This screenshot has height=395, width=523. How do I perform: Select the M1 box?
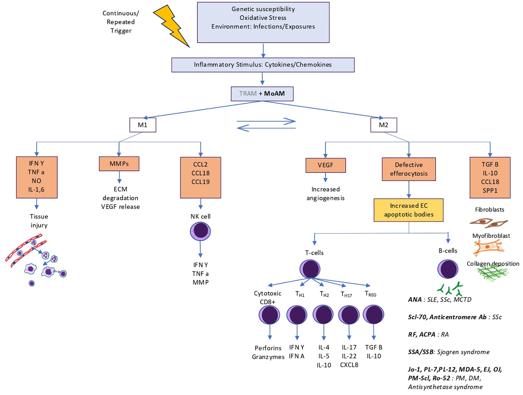tap(143, 125)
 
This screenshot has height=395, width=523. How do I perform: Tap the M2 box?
tap(383, 125)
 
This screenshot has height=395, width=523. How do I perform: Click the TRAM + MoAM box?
tap(262, 93)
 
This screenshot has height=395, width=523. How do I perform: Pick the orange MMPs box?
tap(119, 164)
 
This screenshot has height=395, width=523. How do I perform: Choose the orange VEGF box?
tap(326, 165)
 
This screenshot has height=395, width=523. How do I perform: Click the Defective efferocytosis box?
tap(409, 169)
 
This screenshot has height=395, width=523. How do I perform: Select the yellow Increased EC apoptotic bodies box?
tap(408, 210)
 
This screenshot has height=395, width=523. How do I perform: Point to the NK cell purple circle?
tap(200, 231)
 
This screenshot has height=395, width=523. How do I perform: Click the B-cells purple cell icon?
tap(448, 269)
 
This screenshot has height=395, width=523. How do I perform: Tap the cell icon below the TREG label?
tap(373, 314)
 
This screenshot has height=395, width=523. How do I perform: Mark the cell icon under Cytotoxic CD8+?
tap(270, 315)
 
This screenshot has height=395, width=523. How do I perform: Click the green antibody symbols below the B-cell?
tap(450, 289)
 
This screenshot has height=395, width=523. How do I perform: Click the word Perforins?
tap(268, 348)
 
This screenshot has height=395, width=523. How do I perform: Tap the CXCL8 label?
tap(349, 365)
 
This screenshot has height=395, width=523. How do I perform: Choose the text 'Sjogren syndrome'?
tap(463, 352)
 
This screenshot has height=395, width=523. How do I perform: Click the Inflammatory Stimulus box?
tap(263, 65)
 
